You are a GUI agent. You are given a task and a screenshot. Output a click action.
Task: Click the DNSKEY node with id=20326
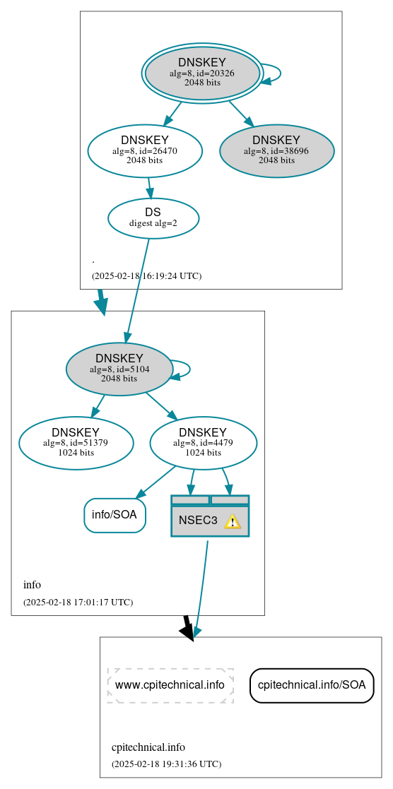point(202,72)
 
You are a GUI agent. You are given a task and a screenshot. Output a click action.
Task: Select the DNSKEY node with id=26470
point(145,150)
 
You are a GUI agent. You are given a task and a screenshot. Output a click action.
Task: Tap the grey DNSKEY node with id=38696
point(276,150)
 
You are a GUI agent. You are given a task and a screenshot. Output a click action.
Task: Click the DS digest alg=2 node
point(153,218)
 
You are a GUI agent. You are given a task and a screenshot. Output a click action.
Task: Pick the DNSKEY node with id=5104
point(119,369)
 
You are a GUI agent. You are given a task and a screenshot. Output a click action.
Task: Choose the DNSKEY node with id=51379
point(76,443)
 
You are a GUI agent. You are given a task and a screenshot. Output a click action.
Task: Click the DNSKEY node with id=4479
point(203,443)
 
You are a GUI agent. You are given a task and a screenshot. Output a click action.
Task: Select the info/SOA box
point(115,515)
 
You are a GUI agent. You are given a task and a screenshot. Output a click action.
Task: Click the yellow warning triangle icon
point(232,521)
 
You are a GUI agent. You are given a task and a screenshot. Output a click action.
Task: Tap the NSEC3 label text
point(198,521)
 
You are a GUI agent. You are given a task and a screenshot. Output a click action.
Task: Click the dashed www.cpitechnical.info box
point(170,685)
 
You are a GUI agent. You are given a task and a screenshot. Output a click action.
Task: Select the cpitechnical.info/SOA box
point(312,685)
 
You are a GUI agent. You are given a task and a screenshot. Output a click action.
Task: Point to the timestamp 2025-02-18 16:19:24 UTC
point(146,275)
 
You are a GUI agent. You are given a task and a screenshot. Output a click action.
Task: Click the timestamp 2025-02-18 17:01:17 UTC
point(78,602)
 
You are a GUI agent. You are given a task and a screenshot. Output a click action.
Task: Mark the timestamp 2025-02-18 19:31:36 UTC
point(166,764)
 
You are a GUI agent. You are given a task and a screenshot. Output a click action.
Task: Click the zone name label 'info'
point(32,585)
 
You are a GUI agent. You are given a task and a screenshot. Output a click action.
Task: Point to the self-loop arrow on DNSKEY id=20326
point(274,73)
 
